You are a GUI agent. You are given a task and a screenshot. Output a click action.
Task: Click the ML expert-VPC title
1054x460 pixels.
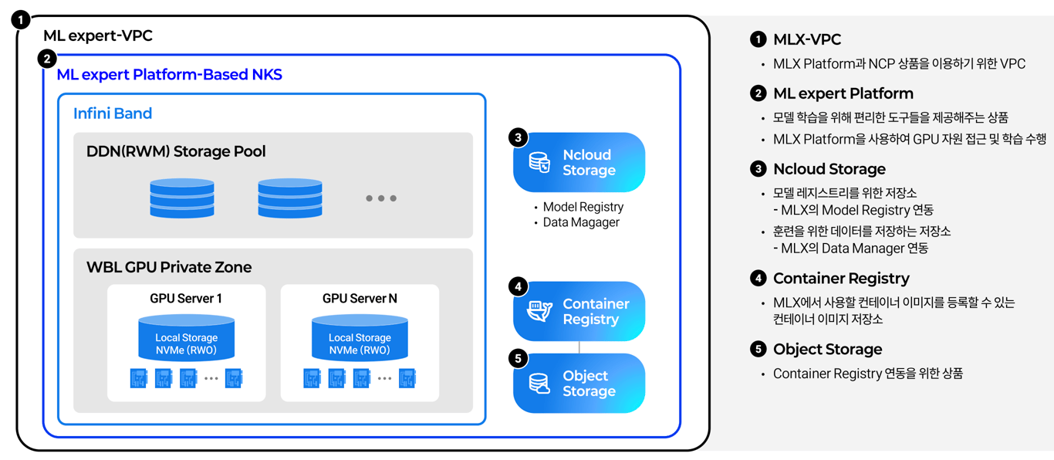pyautogui.click(x=98, y=36)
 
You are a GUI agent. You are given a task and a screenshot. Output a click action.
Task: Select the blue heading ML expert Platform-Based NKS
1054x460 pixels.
pyautogui.click(x=169, y=75)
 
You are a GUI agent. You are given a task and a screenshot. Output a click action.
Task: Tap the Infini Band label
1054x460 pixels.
pyautogui.click(x=113, y=113)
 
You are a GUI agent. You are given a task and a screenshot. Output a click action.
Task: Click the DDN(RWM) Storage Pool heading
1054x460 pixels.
pyautogui.click(x=176, y=151)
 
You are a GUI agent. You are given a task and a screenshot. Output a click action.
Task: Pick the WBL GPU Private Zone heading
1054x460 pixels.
pyautogui.click(x=169, y=267)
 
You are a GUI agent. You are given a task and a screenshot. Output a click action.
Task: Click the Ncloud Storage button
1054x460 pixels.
pyautogui.click(x=579, y=163)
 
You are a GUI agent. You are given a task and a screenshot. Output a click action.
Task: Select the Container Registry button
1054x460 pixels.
pyautogui.click(x=579, y=312)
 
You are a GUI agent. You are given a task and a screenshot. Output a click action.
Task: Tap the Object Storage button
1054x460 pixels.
pyautogui.click(x=579, y=384)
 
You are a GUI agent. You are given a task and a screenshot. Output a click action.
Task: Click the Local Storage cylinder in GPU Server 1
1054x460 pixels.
pyautogui.click(x=186, y=339)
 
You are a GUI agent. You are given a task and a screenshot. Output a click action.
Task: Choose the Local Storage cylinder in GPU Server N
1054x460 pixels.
pyautogui.click(x=360, y=339)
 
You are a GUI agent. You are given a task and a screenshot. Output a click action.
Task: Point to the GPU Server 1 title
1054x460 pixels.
pyautogui.click(x=186, y=299)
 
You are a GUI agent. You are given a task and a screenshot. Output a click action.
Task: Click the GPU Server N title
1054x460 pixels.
pyautogui.click(x=360, y=299)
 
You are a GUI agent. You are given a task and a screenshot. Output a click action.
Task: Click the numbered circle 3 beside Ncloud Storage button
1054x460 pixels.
pyautogui.click(x=519, y=137)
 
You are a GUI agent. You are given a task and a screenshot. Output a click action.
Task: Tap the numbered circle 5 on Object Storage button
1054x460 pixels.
pyautogui.click(x=519, y=358)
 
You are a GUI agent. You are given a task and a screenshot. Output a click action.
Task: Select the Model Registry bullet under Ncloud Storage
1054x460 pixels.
pyautogui.click(x=583, y=207)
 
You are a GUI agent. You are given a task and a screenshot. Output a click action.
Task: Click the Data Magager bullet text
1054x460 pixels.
pyautogui.click(x=581, y=222)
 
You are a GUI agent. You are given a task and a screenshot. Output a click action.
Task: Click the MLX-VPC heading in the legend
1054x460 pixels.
pyautogui.click(x=807, y=40)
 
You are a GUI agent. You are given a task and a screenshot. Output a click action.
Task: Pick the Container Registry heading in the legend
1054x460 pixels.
pyautogui.click(x=841, y=279)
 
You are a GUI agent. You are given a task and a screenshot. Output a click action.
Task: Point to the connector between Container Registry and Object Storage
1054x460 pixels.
pyautogui.click(x=579, y=347)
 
